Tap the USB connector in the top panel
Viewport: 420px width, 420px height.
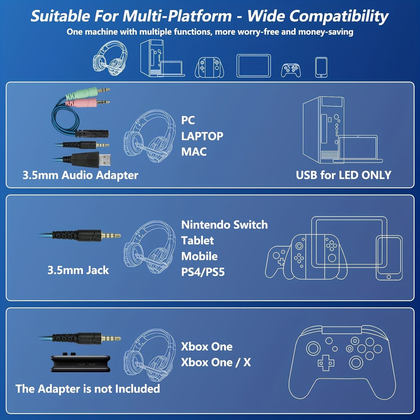coord(96,160)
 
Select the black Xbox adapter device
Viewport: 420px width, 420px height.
coord(81,364)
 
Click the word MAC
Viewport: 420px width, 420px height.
coord(194,152)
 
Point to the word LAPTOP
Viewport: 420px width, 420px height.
coord(202,136)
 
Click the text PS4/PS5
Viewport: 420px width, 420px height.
coord(203,272)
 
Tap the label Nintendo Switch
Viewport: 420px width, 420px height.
coord(224,225)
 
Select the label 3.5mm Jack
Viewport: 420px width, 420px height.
coord(78,270)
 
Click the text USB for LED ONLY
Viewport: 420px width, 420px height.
coord(344,175)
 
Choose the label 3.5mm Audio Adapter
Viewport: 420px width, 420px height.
coord(80,175)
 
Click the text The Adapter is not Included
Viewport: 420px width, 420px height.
coord(87,389)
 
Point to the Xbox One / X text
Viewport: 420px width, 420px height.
coord(216,362)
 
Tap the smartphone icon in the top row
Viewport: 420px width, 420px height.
coord(321,67)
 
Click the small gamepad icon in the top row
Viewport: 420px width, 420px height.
coord(291,70)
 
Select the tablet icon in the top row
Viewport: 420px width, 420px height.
coord(253,66)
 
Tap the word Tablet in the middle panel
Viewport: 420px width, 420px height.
coord(197,241)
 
